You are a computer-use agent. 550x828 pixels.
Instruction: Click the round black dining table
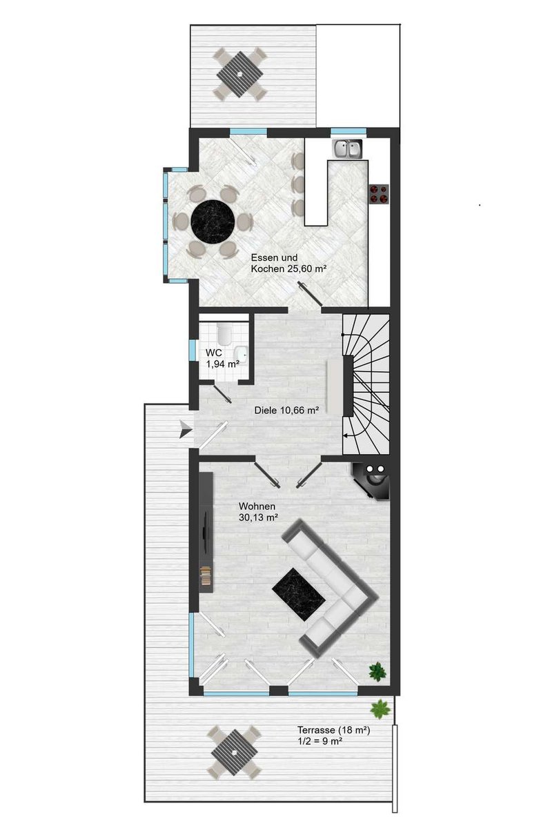pos(213,221)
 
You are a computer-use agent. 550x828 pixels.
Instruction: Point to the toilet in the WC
pos(224,333)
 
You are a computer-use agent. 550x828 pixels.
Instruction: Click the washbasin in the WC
pos(242,353)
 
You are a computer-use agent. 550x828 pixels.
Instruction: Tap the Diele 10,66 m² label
pos(287,410)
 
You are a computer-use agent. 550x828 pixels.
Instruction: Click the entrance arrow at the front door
pos(186,428)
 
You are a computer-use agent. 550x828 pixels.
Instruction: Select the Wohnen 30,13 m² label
pos(258,511)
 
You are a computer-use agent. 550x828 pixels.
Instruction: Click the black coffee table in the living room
pos(299,595)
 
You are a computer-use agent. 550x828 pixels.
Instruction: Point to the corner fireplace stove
pos(371,481)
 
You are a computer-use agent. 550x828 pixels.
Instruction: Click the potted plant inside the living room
pos(377,671)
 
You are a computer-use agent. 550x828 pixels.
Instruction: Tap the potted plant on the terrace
pos(381,709)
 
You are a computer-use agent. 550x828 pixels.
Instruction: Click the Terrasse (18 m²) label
pos(334,730)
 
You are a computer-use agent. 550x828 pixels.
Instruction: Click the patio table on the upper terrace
pos(239,74)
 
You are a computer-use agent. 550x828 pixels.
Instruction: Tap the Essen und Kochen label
pos(288,263)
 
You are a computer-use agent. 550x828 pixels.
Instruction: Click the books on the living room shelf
pos(206,575)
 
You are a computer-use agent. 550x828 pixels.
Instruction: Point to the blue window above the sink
pos(348,131)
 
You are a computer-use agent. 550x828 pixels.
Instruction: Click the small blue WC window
pos(193,350)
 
